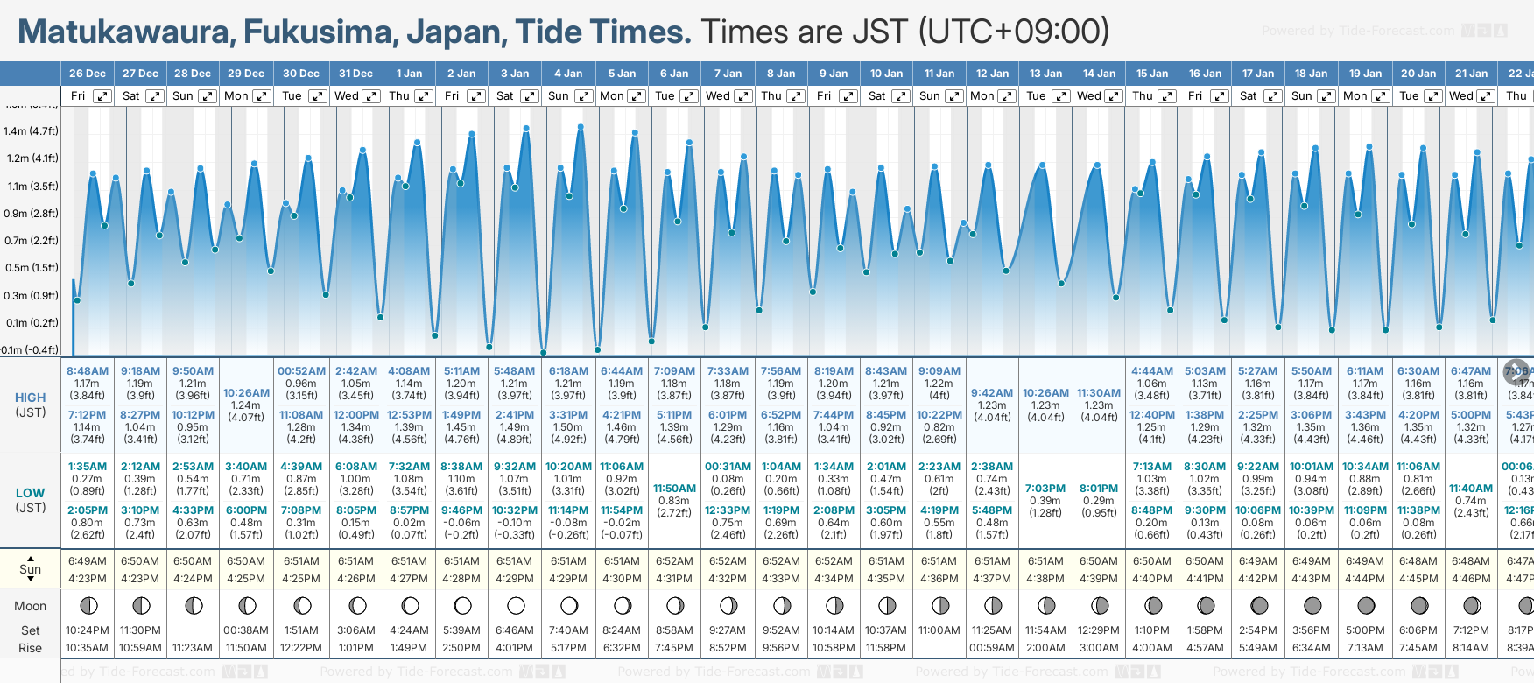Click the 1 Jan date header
[409, 74]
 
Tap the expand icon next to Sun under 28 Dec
[208, 96]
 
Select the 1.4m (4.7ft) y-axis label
[31, 131]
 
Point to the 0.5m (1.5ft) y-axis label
[31, 268]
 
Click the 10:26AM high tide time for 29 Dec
[246, 393]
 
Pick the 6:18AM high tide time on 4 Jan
[568, 371]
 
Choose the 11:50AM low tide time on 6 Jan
[674, 489]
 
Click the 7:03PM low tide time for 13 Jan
[1045, 489]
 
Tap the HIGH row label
[31, 398]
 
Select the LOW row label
[31, 493]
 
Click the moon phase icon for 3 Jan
[516, 605]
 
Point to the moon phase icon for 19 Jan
[1366, 605]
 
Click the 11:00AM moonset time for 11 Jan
[939, 630]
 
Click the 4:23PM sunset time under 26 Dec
[88, 579]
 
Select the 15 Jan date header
[1152, 74]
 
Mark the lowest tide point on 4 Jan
[544, 353]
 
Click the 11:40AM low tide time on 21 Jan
[1471, 489]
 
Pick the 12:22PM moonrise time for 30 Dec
[301, 648]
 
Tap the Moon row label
[31, 606]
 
